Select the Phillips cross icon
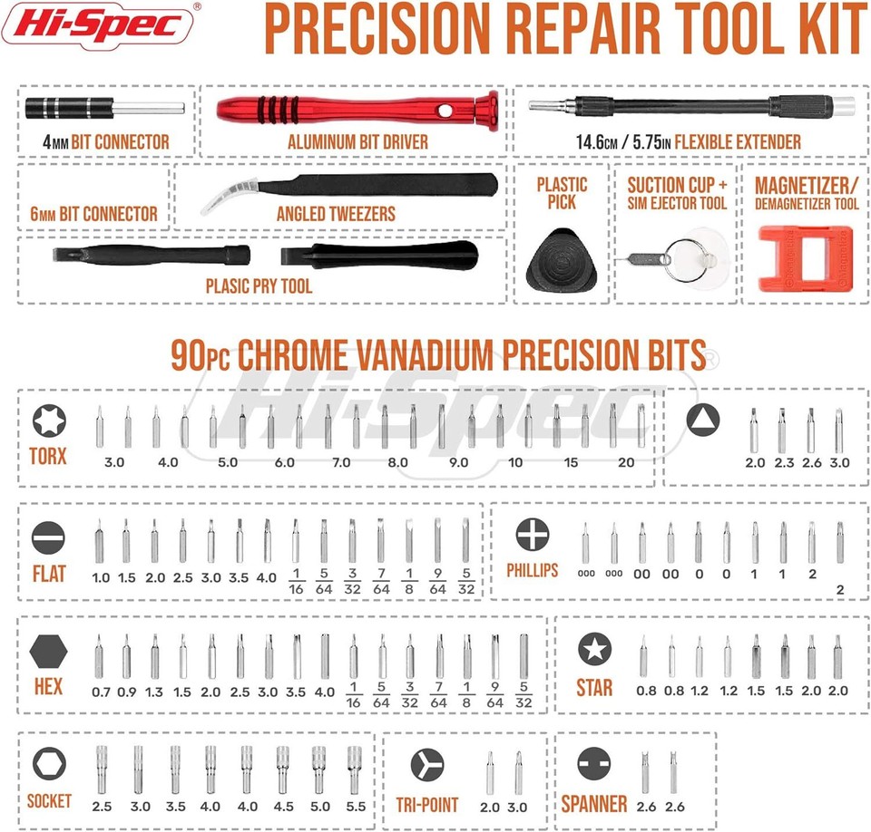pyautogui.click(x=531, y=535)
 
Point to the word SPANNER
pyautogui.click(x=593, y=802)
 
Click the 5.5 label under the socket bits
pyautogui.click(x=355, y=806)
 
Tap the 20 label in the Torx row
pyautogui.click(x=626, y=462)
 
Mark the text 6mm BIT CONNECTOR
pyautogui.click(x=93, y=214)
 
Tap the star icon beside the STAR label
pyautogui.click(x=595, y=649)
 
